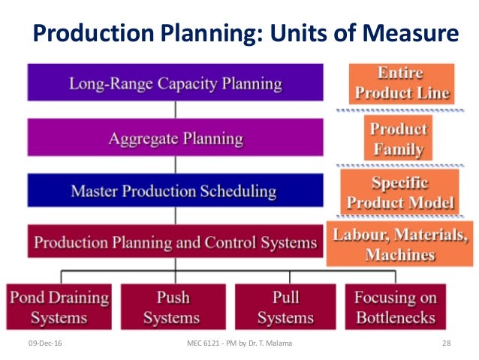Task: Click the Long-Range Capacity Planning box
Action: click(x=176, y=82)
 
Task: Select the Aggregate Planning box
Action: click(x=176, y=138)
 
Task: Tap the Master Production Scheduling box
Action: click(x=176, y=191)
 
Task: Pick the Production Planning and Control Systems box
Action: click(x=176, y=242)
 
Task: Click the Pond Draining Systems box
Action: click(x=58, y=306)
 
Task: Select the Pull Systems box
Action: click(x=285, y=306)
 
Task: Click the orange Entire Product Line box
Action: click(x=402, y=83)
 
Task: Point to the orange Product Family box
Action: click(x=399, y=138)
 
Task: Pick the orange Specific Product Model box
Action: click(x=399, y=192)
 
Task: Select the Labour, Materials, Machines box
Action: click(x=400, y=244)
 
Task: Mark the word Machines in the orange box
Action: click(x=400, y=255)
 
